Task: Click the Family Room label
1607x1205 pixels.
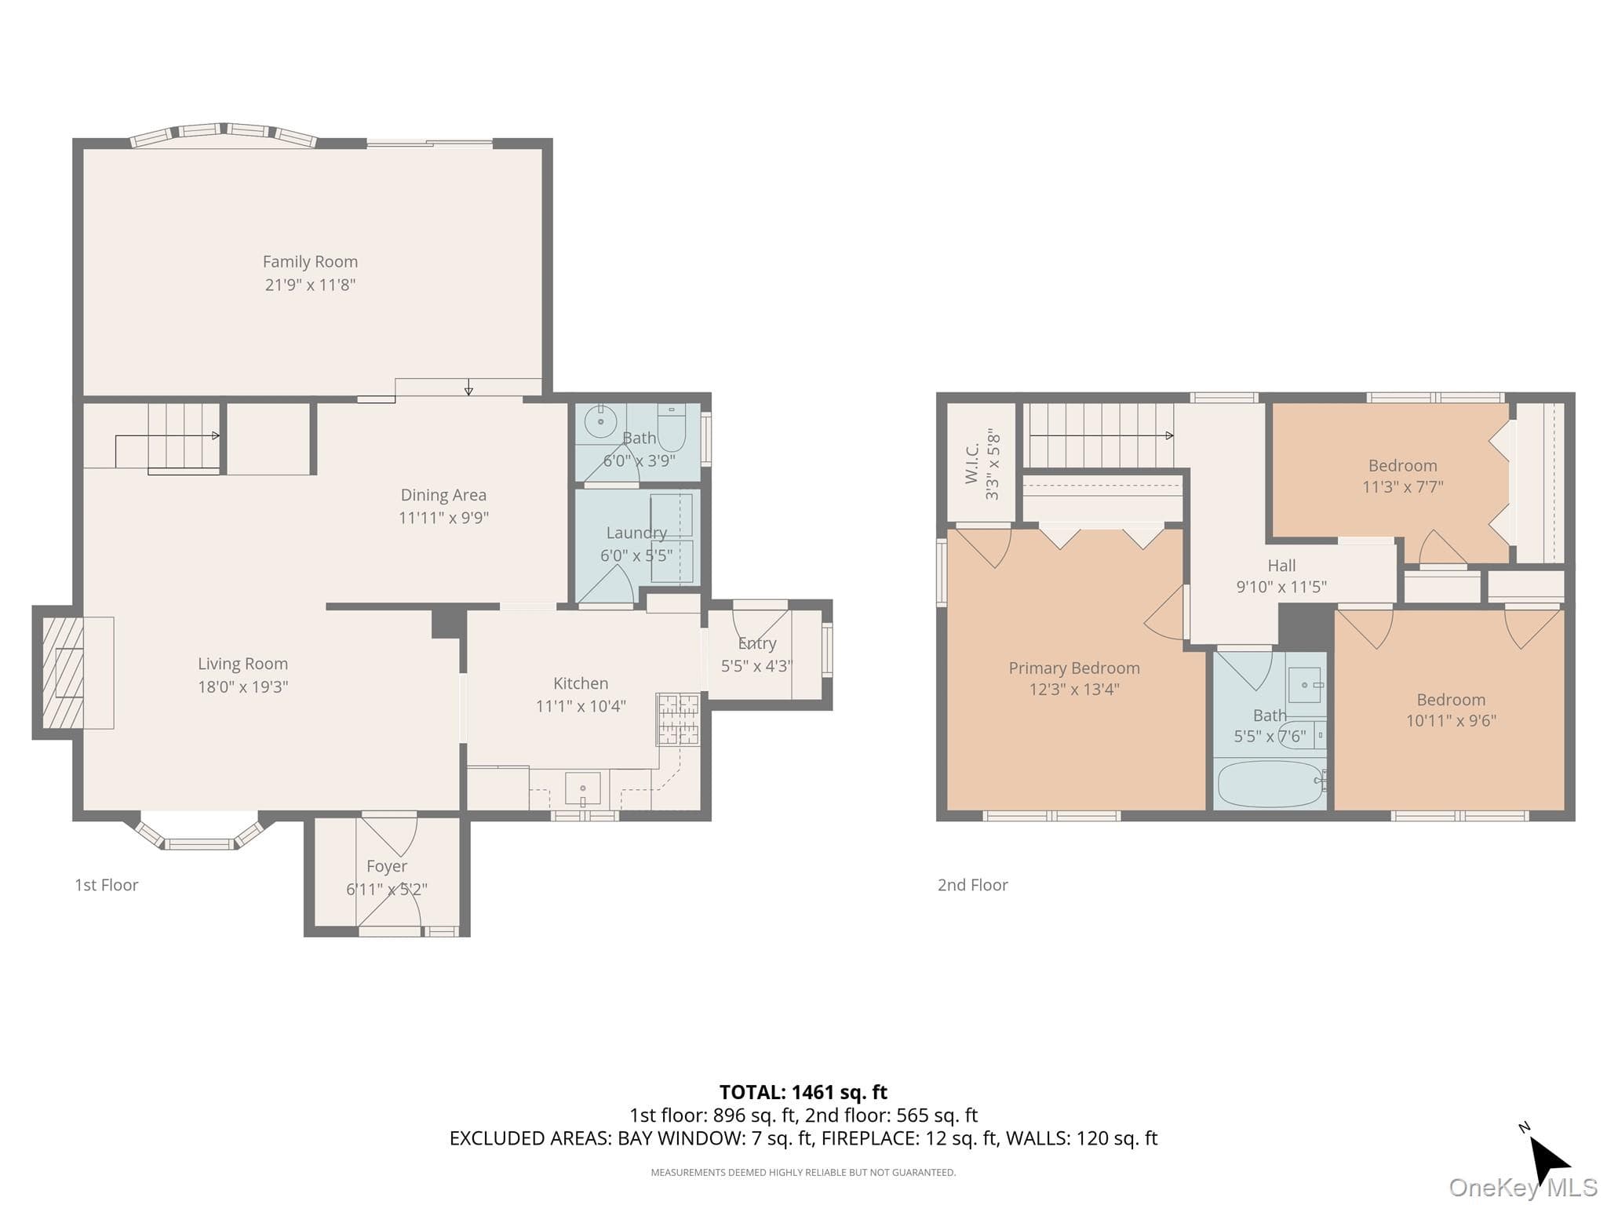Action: pyautogui.click(x=310, y=261)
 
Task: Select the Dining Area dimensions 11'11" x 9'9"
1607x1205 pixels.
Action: pyautogui.click(x=443, y=518)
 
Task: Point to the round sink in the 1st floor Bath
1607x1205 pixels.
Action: pyautogui.click(x=601, y=421)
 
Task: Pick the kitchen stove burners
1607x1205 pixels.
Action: pyautogui.click(x=678, y=719)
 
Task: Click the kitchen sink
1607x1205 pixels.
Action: pyautogui.click(x=582, y=788)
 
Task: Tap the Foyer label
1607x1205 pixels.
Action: pyautogui.click(x=387, y=866)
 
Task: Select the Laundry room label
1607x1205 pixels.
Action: pyautogui.click(x=636, y=533)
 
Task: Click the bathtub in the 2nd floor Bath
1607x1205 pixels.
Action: pyautogui.click(x=1270, y=783)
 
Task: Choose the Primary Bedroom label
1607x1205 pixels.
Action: pyautogui.click(x=1074, y=668)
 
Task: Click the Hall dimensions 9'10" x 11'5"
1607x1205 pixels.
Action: pyautogui.click(x=1281, y=587)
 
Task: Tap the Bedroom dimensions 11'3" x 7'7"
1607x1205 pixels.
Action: pyautogui.click(x=1403, y=487)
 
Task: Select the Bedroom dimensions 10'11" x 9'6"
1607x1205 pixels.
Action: pyautogui.click(x=1451, y=721)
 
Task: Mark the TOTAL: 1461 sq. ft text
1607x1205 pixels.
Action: pyautogui.click(x=803, y=1092)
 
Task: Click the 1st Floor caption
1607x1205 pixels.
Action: pyautogui.click(x=107, y=885)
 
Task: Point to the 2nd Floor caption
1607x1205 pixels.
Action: pyautogui.click(x=973, y=885)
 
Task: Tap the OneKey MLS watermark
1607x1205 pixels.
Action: pyautogui.click(x=1523, y=1188)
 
